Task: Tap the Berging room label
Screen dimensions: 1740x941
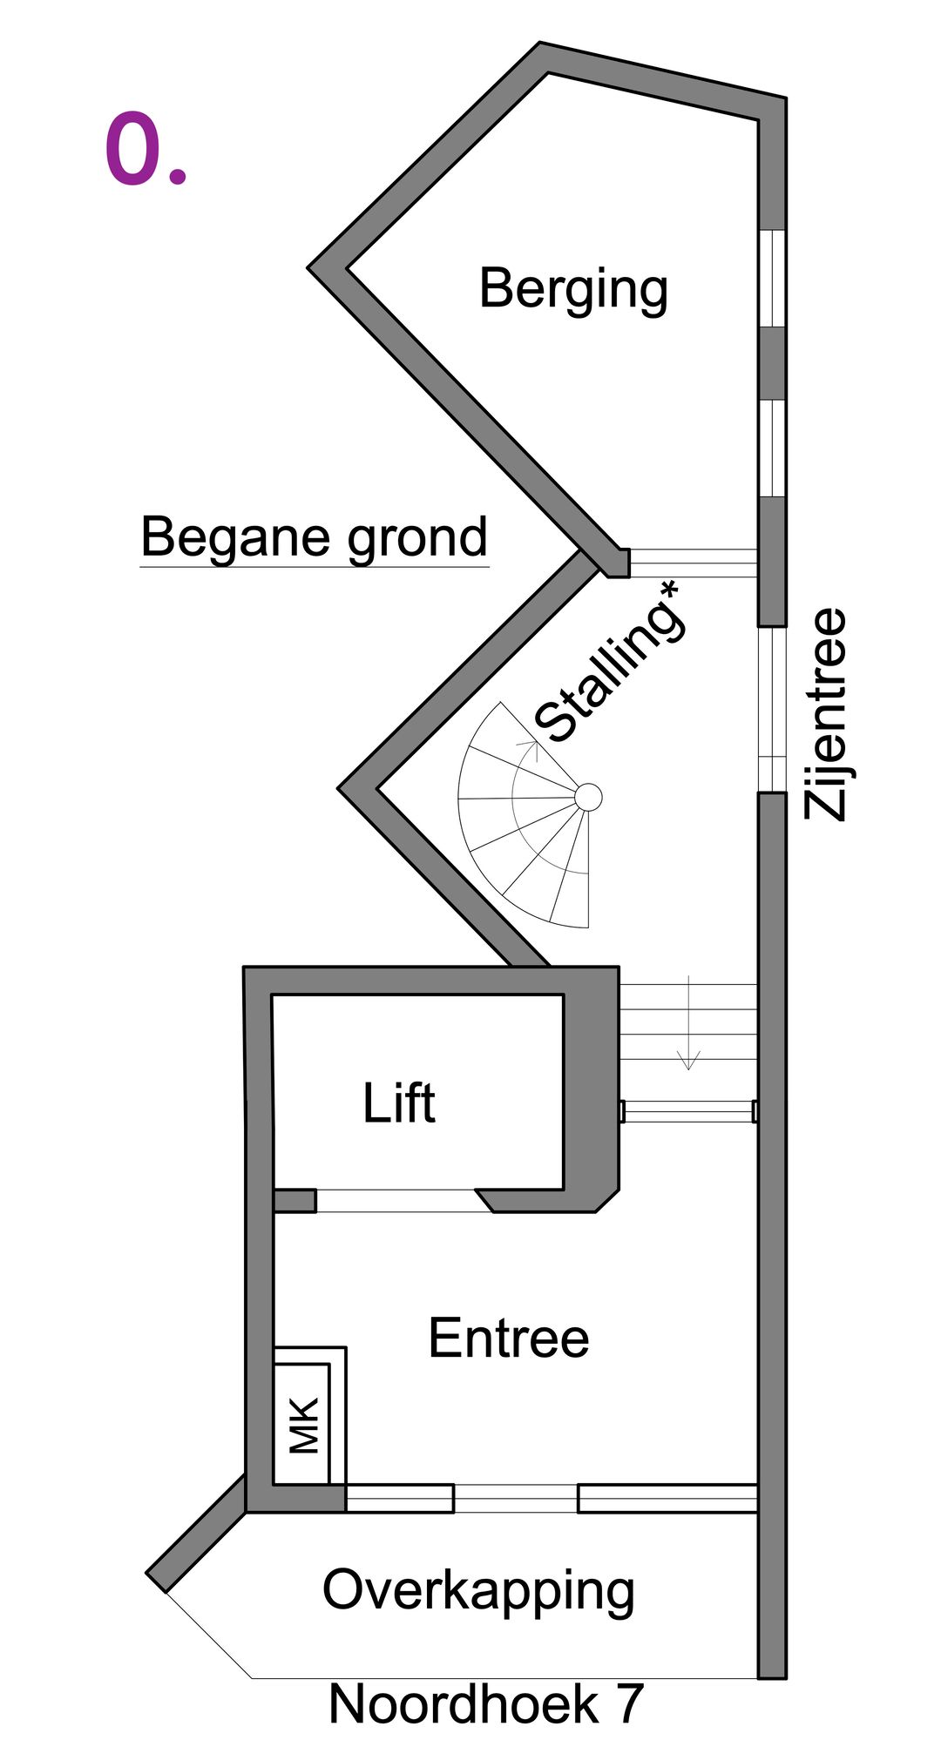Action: tap(573, 289)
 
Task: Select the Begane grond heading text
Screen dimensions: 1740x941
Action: tap(314, 537)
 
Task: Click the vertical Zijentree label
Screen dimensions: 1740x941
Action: tap(825, 714)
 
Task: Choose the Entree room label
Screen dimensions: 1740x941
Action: tap(508, 1338)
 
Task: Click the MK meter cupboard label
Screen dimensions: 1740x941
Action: tap(304, 1425)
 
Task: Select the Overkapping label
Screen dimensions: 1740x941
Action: tap(478, 1590)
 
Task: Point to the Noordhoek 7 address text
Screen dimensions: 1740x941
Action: tap(486, 1703)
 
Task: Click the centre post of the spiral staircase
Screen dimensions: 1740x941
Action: tap(588, 797)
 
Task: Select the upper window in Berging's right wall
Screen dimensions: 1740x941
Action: tap(772, 278)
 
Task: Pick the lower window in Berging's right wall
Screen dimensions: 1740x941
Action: tap(772, 448)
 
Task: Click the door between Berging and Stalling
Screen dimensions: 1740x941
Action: tap(693, 563)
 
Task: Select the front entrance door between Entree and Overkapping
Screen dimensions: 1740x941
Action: tap(515, 1498)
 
